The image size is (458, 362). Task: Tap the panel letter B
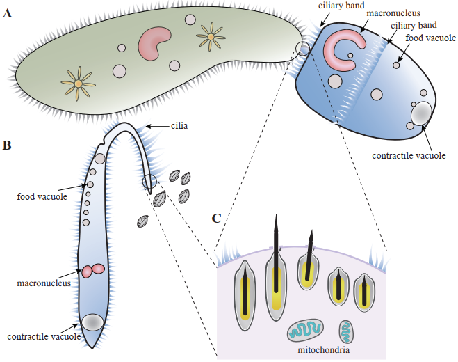[7, 145]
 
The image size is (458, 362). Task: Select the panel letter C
[217, 219]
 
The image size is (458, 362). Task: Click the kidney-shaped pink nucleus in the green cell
[156, 44]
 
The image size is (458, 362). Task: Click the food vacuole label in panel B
[41, 197]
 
